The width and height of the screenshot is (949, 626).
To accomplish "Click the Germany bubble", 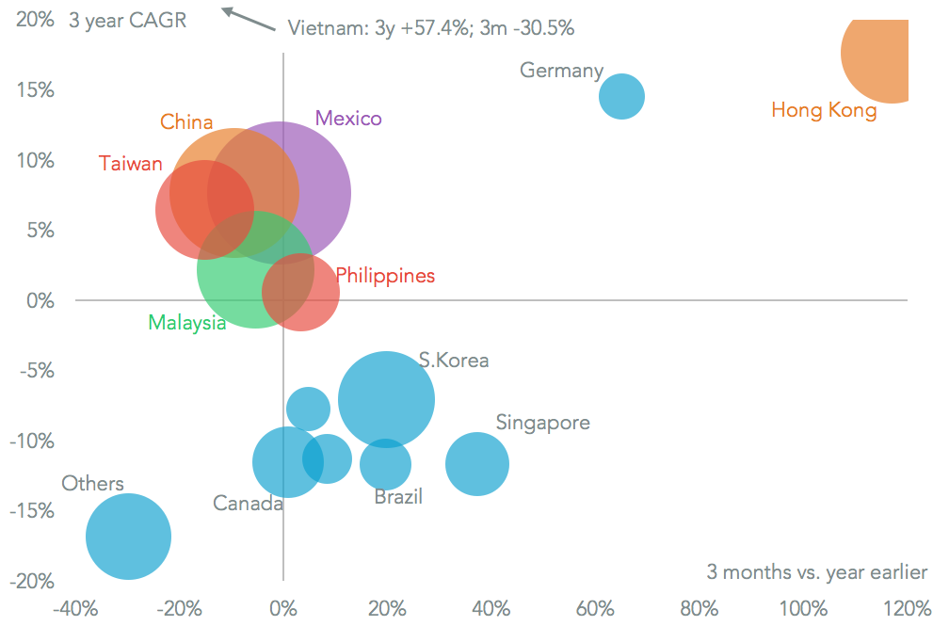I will (621, 96).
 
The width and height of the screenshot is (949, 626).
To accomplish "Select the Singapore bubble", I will (477, 463).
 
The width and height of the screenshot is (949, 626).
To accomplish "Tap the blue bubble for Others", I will (128, 537).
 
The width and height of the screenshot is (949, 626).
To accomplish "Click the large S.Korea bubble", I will (386, 399).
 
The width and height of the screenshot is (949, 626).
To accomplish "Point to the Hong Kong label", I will (824, 110).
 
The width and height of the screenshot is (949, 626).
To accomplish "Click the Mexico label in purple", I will (348, 118).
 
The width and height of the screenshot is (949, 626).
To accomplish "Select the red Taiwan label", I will (131, 163).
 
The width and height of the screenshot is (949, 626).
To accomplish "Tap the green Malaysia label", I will (186, 323).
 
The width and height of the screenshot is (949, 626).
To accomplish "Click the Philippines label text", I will (385, 276).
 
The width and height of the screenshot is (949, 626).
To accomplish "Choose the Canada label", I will (248, 504).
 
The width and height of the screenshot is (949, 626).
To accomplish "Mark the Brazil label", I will (398, 496).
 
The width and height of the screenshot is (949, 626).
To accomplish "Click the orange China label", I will (186, 121).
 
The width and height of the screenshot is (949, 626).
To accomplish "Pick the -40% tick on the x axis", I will (74, 606).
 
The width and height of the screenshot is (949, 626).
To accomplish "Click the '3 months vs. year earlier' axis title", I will (816, 572).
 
